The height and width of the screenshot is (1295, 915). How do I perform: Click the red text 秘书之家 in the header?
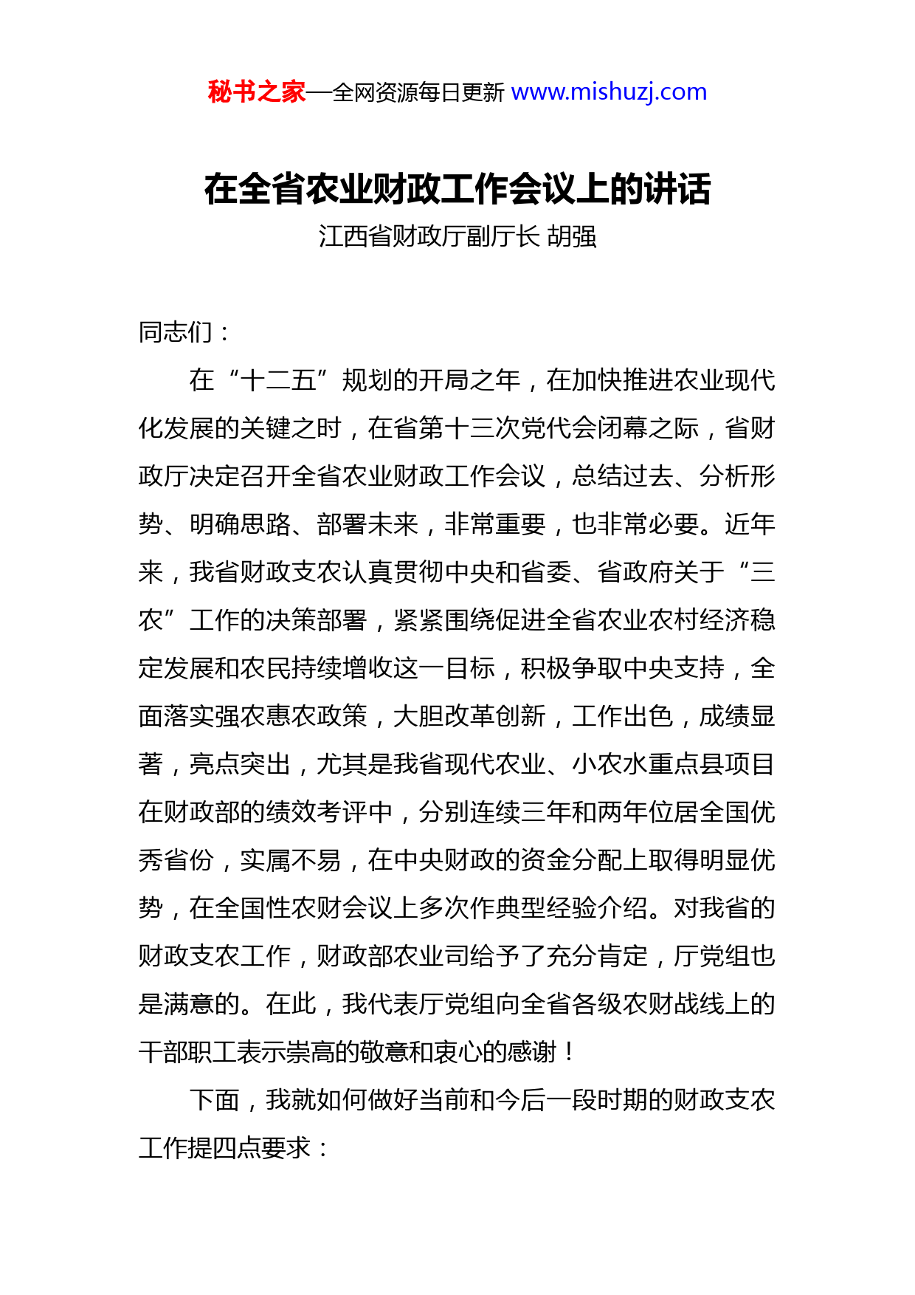pos(256,92)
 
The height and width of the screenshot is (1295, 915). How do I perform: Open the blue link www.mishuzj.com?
pos(609,92)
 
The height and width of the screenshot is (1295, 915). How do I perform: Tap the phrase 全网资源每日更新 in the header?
pos(418,93)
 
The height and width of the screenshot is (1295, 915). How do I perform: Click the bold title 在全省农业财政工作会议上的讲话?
pos(457,189)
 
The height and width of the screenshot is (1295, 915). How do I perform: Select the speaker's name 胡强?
pos(572,236)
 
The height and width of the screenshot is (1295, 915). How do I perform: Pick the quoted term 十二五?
pos(278,381)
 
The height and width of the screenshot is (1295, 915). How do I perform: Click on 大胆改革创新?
pos(469,716)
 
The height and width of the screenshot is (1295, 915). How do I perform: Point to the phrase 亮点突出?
pos(240,764)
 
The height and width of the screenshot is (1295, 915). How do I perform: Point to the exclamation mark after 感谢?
pos(568,1052)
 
